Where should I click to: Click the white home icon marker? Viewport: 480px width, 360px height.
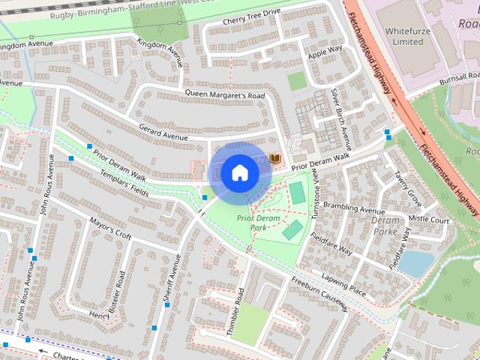239,172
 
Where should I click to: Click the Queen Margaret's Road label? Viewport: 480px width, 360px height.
225,95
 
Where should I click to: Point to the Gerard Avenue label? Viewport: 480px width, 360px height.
163,132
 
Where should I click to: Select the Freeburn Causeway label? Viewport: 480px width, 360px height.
319,295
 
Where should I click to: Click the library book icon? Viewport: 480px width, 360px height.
275,158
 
